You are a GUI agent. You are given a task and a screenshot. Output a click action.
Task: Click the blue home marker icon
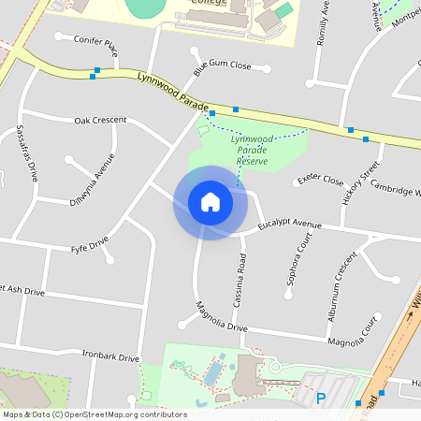210,202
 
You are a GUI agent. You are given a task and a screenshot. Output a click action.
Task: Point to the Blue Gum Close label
223,66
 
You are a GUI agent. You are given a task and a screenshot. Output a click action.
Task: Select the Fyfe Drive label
91,248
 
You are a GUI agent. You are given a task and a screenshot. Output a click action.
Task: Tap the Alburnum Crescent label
343,286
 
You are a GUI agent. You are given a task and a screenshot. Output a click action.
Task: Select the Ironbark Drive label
110,357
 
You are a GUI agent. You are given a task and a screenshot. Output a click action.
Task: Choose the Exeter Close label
320,180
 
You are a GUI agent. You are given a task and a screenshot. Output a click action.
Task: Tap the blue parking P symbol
321,399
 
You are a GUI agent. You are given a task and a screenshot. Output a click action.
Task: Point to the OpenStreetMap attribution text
94,414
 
